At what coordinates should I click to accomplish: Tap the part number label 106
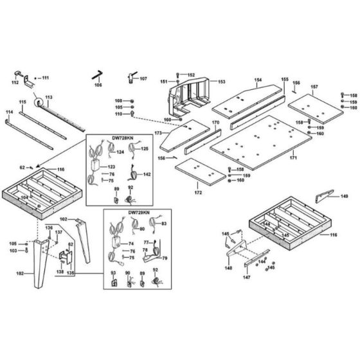point(98,84)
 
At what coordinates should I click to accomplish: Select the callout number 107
point(143,79)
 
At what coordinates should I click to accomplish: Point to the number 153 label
point(221,82)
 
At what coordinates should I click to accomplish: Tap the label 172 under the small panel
point(198,192)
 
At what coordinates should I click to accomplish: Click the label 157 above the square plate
point(314,86)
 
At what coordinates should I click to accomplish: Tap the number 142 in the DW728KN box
point(147,174)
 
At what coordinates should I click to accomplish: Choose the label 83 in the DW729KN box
point(164,223)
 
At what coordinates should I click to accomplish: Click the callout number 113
point(48,96)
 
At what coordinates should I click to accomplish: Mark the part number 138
point(60,272)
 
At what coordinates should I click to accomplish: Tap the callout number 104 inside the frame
point(24,197)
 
